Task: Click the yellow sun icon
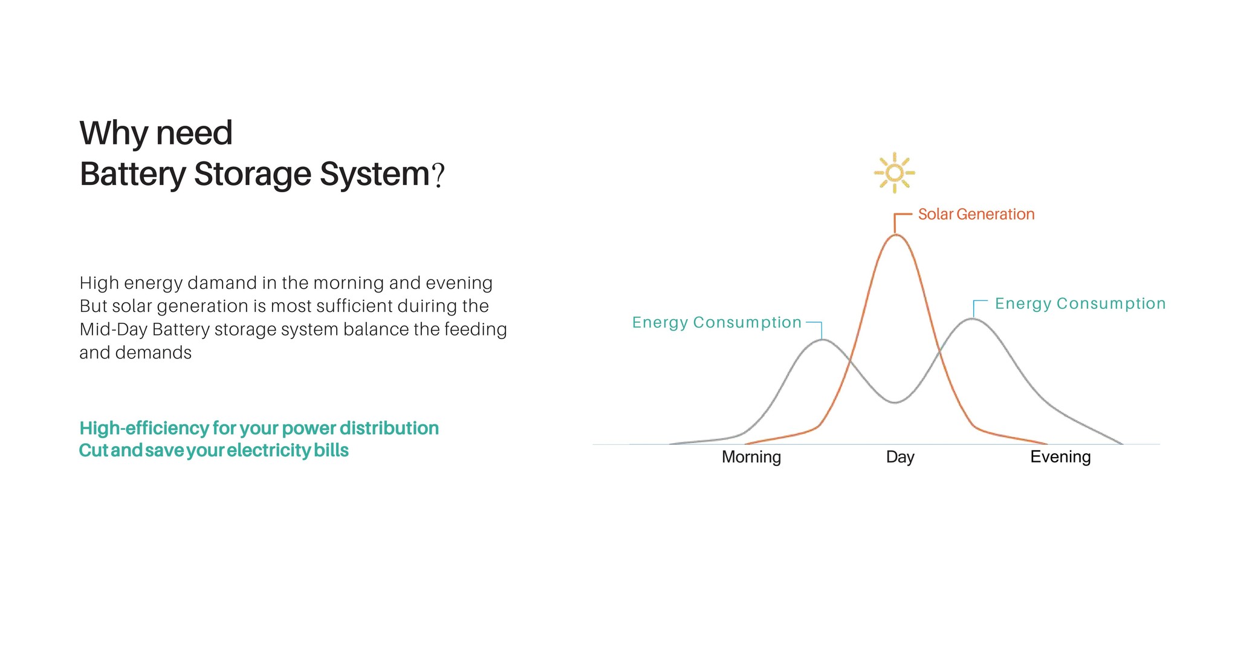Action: pos(895,173)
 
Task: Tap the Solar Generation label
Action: pos(976,214)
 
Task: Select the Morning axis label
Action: pos(751,457)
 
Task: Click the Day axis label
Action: pos(900,457)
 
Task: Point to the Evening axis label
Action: pos(1060,457)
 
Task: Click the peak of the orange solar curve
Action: pos(895,235)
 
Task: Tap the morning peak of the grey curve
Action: pos(823,340)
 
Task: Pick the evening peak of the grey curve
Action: pos(972,319)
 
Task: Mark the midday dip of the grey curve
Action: pos(895,403)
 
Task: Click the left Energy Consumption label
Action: pos(717,323)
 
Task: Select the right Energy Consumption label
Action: pos(1080,303)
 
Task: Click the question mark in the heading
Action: pos(438,175)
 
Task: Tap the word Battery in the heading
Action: pos(132,174)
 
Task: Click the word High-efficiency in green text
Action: pos(144,428)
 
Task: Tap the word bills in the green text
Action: pos(331,450)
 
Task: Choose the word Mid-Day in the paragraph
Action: pos(114,329)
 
